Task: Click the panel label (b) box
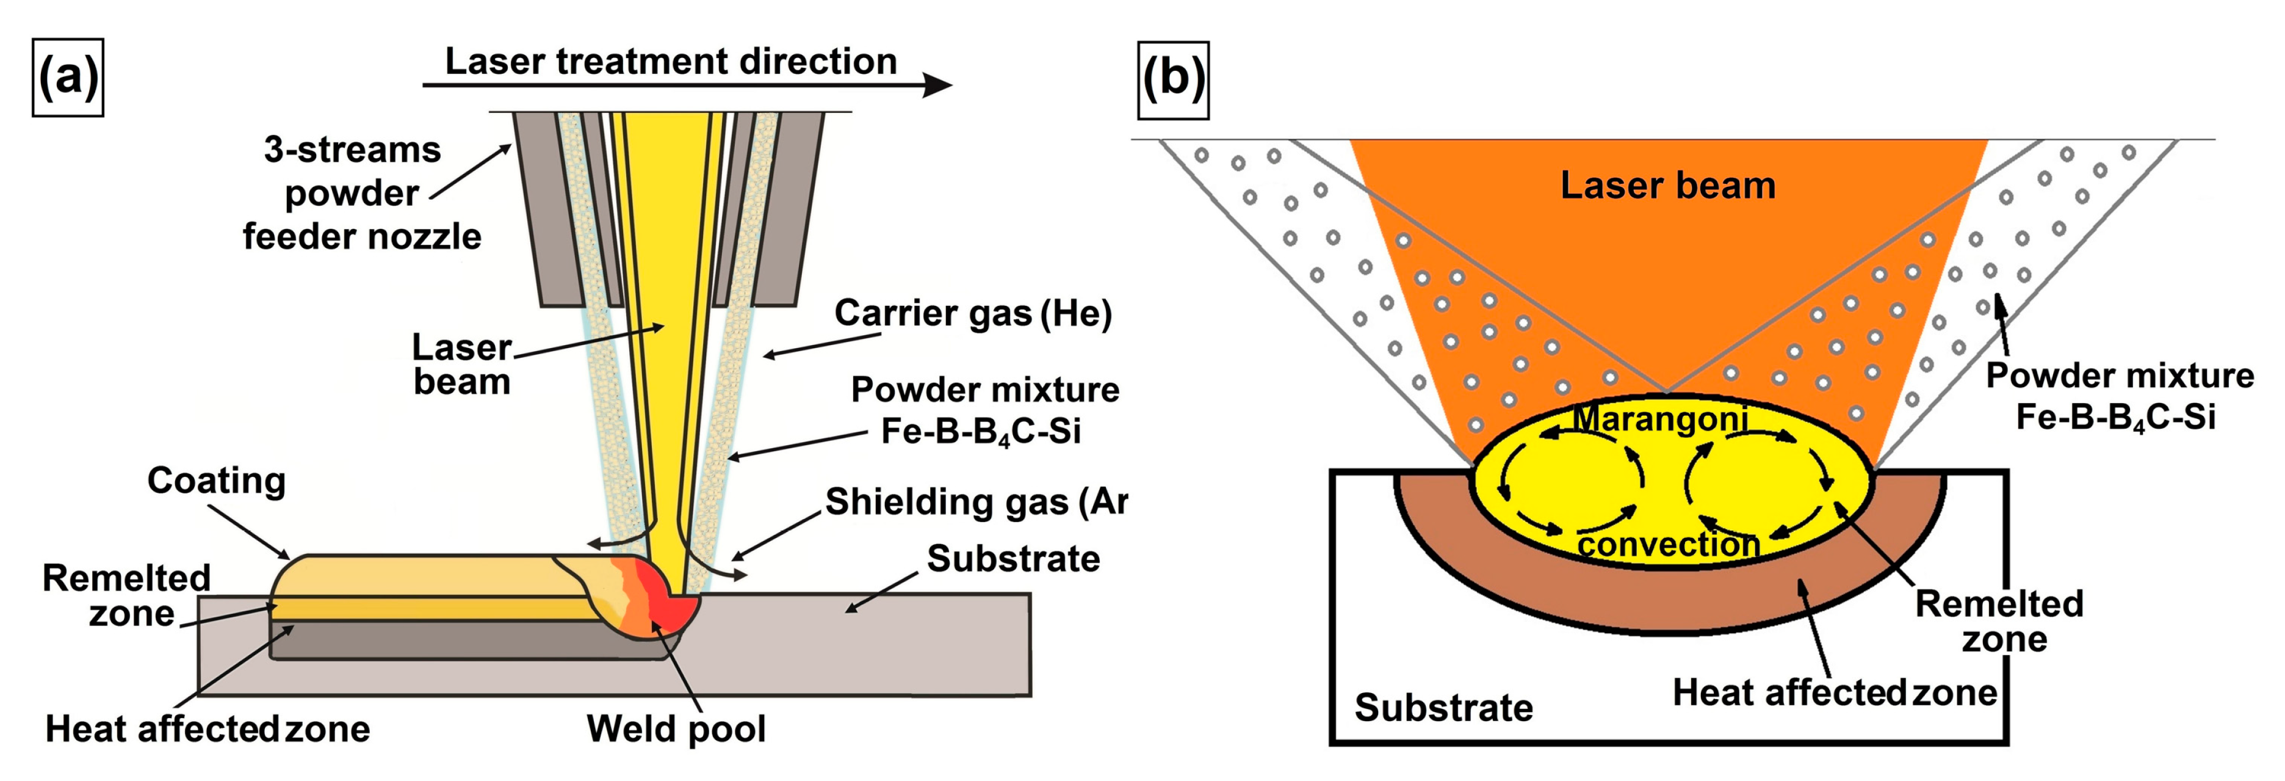tap(1172, 80)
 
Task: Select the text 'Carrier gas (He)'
tap(972, 313)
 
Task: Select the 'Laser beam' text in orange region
tap(1667, 186)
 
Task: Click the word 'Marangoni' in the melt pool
tap(1661, 418)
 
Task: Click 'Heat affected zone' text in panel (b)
tap(1835, 693)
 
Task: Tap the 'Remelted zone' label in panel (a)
tap(127, 595)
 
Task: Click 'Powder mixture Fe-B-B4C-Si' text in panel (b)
tap(2118, 396)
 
